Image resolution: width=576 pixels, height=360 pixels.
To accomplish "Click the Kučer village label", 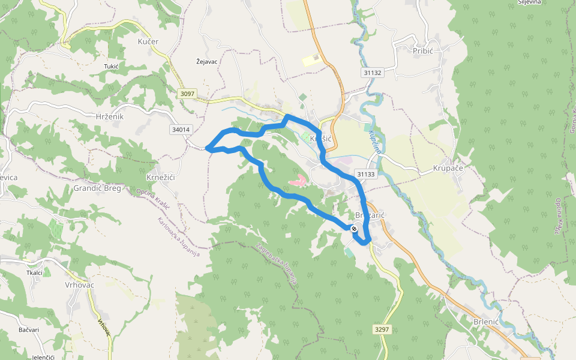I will pyautogui.click(x=148, y=42).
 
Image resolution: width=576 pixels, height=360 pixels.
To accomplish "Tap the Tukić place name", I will pyautogui.click(x=111, y=66).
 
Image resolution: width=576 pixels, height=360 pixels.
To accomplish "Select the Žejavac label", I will pyautogui.click(x=206, y=61).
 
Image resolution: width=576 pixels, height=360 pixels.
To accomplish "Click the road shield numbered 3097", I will pyautogui.click(x=187, y=94).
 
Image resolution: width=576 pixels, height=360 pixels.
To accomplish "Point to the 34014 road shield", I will pyautogui.click(x=181, y=129).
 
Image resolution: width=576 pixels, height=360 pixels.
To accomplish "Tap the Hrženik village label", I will pyautogui.click(x=110, y=116).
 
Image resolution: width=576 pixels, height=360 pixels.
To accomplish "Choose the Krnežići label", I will pyautogui.click(x=160, y=178).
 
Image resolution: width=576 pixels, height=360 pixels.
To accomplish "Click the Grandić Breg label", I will pyautogui.click(x=97, y=188).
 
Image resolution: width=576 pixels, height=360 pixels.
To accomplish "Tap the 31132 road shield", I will pyautogui.click(x=373, y=72).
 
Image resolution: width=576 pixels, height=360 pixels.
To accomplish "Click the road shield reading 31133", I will pyautogui.click(x=365, y=174).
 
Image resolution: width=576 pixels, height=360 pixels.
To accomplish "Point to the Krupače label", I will pyautogui.click(x=448, y=169).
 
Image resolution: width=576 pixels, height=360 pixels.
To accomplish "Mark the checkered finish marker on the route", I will pyautogui.click(x=355, y=228).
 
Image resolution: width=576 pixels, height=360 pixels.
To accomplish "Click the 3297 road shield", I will pyautogui.click(x=382, y=329).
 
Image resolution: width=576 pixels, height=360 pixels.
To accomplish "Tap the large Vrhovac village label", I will pyautogui.click(x=80, y=285).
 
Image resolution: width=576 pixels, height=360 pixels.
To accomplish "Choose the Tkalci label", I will pyautogui.click(x=34, y=272).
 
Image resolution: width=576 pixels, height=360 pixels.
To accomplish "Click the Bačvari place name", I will pyautogui.click(x=29, y=330).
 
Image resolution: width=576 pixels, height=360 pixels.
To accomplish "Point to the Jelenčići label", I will pyautogui.click(x=43, y=357).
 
